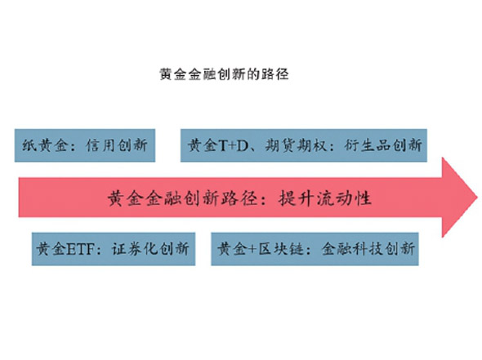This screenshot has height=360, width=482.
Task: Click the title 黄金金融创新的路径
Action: coord(224,74)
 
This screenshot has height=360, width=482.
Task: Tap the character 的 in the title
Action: coord(253,74)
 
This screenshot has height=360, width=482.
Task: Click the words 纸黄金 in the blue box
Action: coord(45,145)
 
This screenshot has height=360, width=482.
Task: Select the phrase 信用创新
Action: coord(117,145)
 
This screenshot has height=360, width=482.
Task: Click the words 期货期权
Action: coord(296,145)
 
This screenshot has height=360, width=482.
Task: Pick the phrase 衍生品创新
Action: coord(383,145)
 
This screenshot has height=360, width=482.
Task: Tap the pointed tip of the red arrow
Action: coord(477,198)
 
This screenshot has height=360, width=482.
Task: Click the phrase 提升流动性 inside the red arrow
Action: coord(325,198)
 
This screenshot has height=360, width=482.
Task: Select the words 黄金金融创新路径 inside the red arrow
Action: coord(183,198)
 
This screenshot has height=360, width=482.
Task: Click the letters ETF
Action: coord(80,249)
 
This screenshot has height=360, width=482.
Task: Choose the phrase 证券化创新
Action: coord(150,249)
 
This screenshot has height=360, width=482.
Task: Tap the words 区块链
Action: coord(281,249)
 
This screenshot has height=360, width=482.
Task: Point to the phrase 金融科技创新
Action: coord(368,249)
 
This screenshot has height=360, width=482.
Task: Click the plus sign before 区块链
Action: coord(252,249)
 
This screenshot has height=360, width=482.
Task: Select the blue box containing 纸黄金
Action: coord(85,145)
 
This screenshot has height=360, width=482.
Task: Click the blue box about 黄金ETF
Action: coord(114,249)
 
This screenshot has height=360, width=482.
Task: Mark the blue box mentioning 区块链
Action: coord(315,249)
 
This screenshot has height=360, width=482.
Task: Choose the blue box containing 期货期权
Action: coord(304,145)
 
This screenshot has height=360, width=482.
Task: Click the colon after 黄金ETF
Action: coord(99,250)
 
